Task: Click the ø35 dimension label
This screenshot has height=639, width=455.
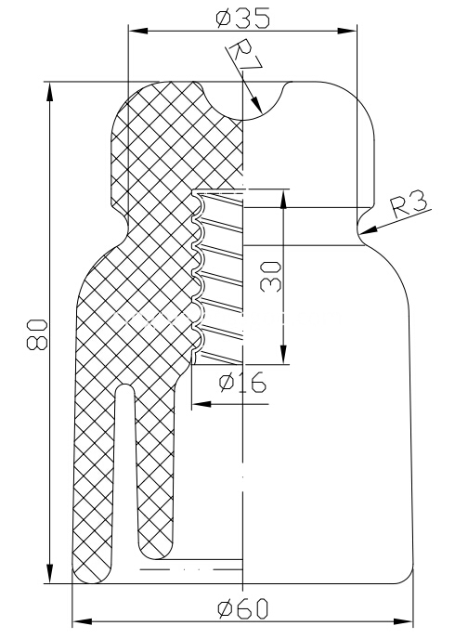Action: [x=242, y=19]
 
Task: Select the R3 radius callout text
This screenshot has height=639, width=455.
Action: [x=409, y=203]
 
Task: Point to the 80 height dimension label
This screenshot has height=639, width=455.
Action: [x=37, y=335]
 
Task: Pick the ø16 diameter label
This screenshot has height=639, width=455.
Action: [x=242, y=383]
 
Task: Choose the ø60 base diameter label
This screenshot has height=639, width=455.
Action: [x=243, y=609]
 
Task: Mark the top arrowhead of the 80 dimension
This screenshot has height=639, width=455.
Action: [x=49, y=91]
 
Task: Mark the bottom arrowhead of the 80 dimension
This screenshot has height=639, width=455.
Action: [x=49, y=574]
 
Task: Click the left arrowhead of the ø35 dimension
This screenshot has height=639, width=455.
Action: [x=138, y=31]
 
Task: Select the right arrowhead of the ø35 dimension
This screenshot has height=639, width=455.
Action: [x=347, y=31]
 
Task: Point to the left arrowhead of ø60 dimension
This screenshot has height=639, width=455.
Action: [x=82, y=622]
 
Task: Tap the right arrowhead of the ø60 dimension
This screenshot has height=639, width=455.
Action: [x=404, y=622]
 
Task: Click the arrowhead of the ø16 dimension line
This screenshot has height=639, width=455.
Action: [x=201, y=404]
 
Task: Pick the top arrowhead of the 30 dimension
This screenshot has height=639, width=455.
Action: [x=283, y=199]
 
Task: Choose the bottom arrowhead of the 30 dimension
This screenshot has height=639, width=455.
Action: [x=283, y=355]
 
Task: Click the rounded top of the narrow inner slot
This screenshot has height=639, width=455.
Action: [x=125, y=386]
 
